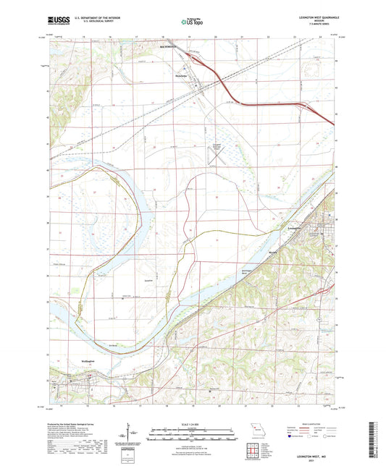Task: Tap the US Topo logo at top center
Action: [192, 22]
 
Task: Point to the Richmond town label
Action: [168, 49]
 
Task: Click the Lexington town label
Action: [294, 229]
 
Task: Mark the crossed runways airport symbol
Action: [219, 153]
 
